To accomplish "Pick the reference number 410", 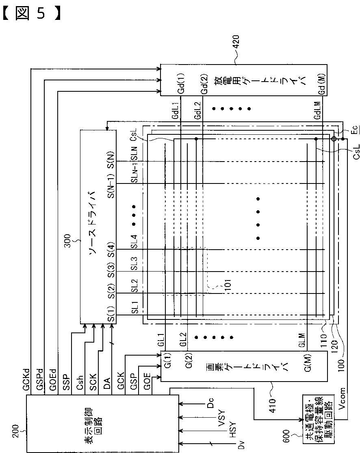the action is (272, 406).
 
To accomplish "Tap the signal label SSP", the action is (66, 382).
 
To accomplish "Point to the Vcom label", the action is (342, 398).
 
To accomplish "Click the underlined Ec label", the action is (354, 129).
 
